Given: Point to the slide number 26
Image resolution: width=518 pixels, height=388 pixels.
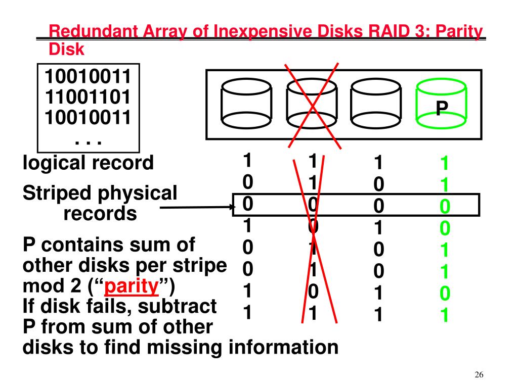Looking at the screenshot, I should pyautogui.click(x=480, y=375).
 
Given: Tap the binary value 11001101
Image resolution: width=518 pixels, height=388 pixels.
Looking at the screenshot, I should pyautogui.click(x=88, y=96).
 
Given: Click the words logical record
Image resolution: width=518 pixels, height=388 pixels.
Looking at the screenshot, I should pyautogui.click(x=88, y=163).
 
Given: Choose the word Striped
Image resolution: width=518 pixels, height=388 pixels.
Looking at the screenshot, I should pyautogui.click(x=57, y=193).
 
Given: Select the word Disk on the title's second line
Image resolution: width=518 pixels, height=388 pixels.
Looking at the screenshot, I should pyautogui.click(x=66, y=50).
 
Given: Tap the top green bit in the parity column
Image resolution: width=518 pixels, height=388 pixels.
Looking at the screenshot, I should pyautogui.click(x=445, y=164).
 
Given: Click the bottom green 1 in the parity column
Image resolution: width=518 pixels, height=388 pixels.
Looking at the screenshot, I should pyautogui.click(x=445, y=315).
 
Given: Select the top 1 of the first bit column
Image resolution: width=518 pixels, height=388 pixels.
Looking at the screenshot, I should pyautogui.click(x=247, y=160).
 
